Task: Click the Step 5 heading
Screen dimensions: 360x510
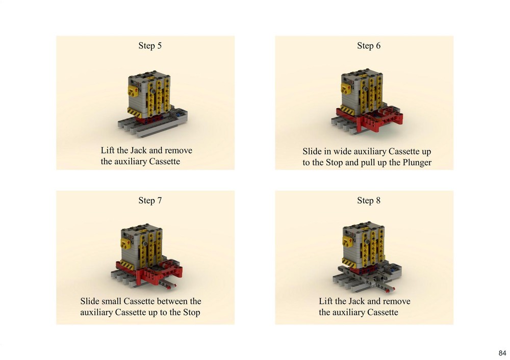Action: coord(150,46)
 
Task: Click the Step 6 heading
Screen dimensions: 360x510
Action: coord(369,46)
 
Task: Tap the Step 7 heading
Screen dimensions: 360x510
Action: coord(150,200)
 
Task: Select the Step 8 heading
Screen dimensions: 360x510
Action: coord(369,200)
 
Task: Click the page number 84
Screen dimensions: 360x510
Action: coord(502,353)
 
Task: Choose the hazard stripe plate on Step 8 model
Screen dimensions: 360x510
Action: coord(349,262)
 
